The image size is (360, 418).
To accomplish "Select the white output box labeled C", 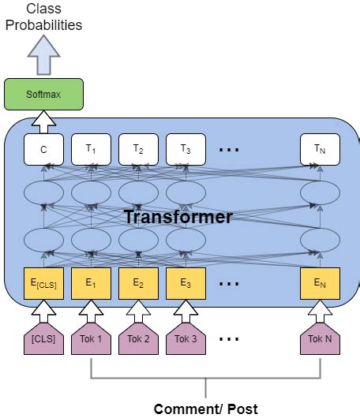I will coord(43,149).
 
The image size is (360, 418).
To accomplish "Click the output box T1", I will coord(91,149).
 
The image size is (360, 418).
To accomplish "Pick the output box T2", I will coord(138,149).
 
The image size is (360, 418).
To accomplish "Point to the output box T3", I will coord(186,149).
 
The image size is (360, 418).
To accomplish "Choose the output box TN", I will coord(320,149).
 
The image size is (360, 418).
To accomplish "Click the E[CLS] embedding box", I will coord(43,283).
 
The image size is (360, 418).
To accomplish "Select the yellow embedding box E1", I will coord(91,283).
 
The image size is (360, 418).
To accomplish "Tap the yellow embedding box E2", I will coord(138,283).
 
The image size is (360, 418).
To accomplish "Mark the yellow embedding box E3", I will coord(186,283).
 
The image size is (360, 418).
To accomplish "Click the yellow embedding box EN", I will coord(320,283).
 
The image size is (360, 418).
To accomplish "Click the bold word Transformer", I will coord(178,217).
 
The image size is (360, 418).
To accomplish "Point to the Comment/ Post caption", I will coord(205,409).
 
